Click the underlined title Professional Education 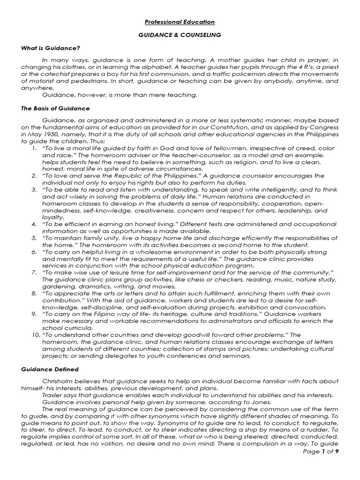[180, 22]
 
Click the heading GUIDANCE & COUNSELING [180, 35]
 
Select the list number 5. [34, 238]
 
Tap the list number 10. [32, 335]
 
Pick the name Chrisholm [58, 382]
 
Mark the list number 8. [34, 293]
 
